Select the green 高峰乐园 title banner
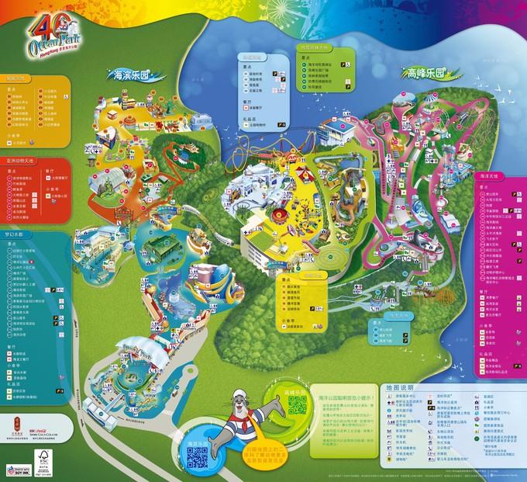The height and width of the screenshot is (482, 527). (425, 74)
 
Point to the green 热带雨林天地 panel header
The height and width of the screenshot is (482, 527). (317, 48)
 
